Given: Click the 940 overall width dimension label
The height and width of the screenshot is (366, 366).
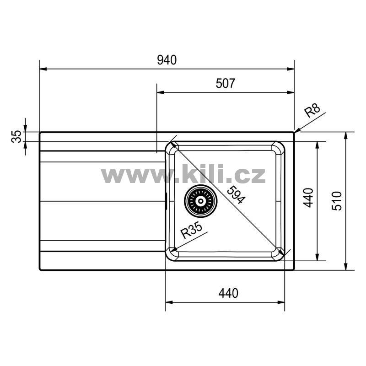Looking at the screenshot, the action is coord(167,60).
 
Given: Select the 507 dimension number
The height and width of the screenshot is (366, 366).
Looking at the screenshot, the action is coord(226,83).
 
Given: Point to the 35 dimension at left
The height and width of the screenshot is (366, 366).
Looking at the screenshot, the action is coord(16,136).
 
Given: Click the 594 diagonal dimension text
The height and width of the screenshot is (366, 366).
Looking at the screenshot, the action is coord(236,195).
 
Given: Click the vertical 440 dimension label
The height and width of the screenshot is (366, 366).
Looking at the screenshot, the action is coord(308,198).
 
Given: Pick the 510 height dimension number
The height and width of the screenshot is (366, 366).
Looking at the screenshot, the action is coord(337,201).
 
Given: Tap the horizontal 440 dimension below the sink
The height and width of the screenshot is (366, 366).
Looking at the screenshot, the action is coord(228,293).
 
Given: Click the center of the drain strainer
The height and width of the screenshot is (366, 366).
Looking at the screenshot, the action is coord(201,201).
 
